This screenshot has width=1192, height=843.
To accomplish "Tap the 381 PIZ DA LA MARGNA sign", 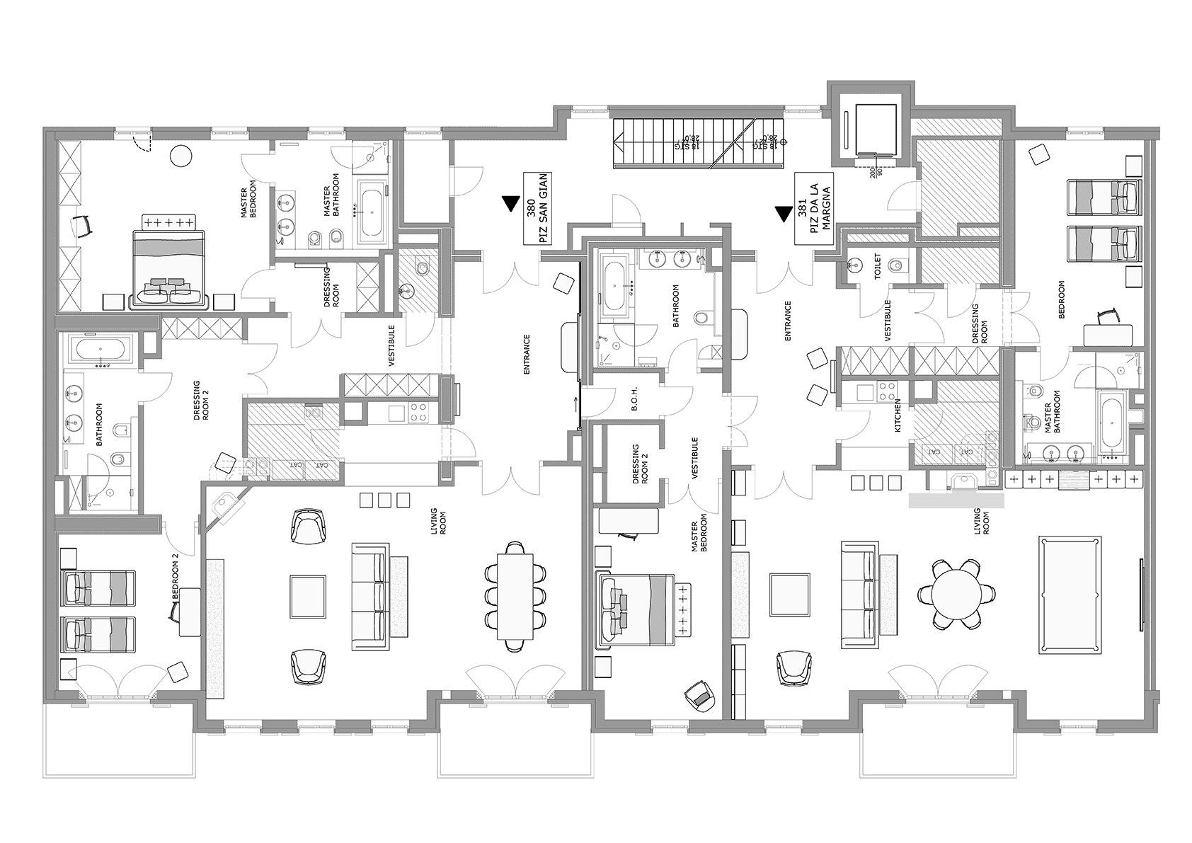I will click(812, 208).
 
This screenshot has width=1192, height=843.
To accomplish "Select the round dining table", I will click(956, 592).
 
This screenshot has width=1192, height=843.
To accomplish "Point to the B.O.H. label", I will click(635, 403).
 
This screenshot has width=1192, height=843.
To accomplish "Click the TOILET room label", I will click(878, 268).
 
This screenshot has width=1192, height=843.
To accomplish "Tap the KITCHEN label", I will click(898, 415).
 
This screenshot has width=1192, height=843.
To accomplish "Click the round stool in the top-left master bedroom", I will click(183, 156).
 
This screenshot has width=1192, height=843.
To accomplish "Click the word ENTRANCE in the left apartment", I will click(527, 353).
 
